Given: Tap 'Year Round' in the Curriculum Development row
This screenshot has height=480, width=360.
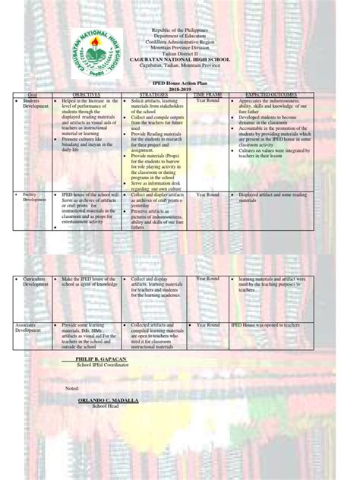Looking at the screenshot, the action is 207,279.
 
